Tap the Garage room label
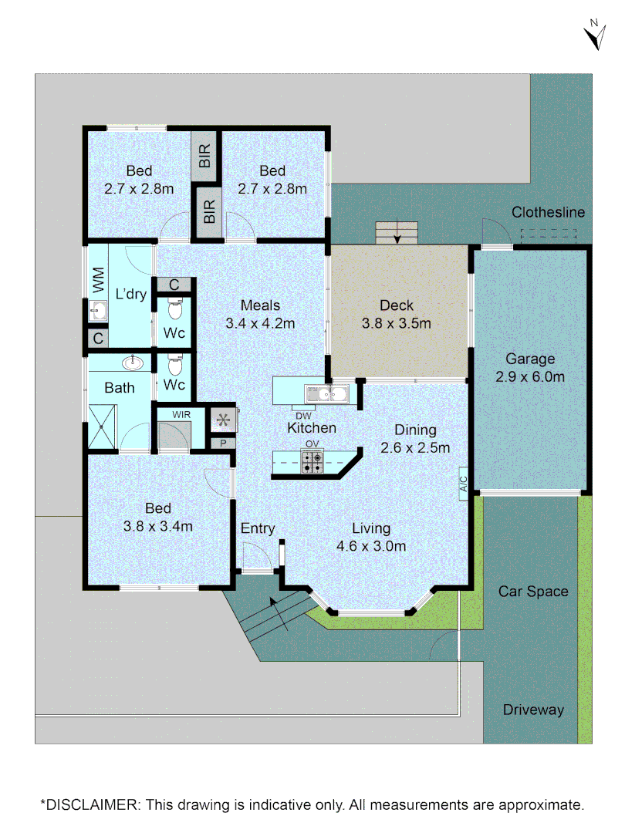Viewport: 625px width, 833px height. pos(530,359)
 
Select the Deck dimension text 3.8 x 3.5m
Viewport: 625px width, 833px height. pos(396,324)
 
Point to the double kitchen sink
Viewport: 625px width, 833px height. pos(327,394)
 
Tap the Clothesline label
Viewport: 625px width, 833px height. pos(549,213)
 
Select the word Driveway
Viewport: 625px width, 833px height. pos(533,710)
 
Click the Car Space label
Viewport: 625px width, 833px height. pos(533,592)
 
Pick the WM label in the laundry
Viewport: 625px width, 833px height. pos(98,279)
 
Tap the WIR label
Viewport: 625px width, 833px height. pos(181,415)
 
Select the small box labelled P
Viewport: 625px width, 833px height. pos(222,443)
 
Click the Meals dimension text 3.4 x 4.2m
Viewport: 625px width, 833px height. pos(260,324)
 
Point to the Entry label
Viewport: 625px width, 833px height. pos(258,528)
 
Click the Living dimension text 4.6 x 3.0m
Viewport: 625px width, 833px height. pos(371,547)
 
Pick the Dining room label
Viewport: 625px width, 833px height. pos(415,430)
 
